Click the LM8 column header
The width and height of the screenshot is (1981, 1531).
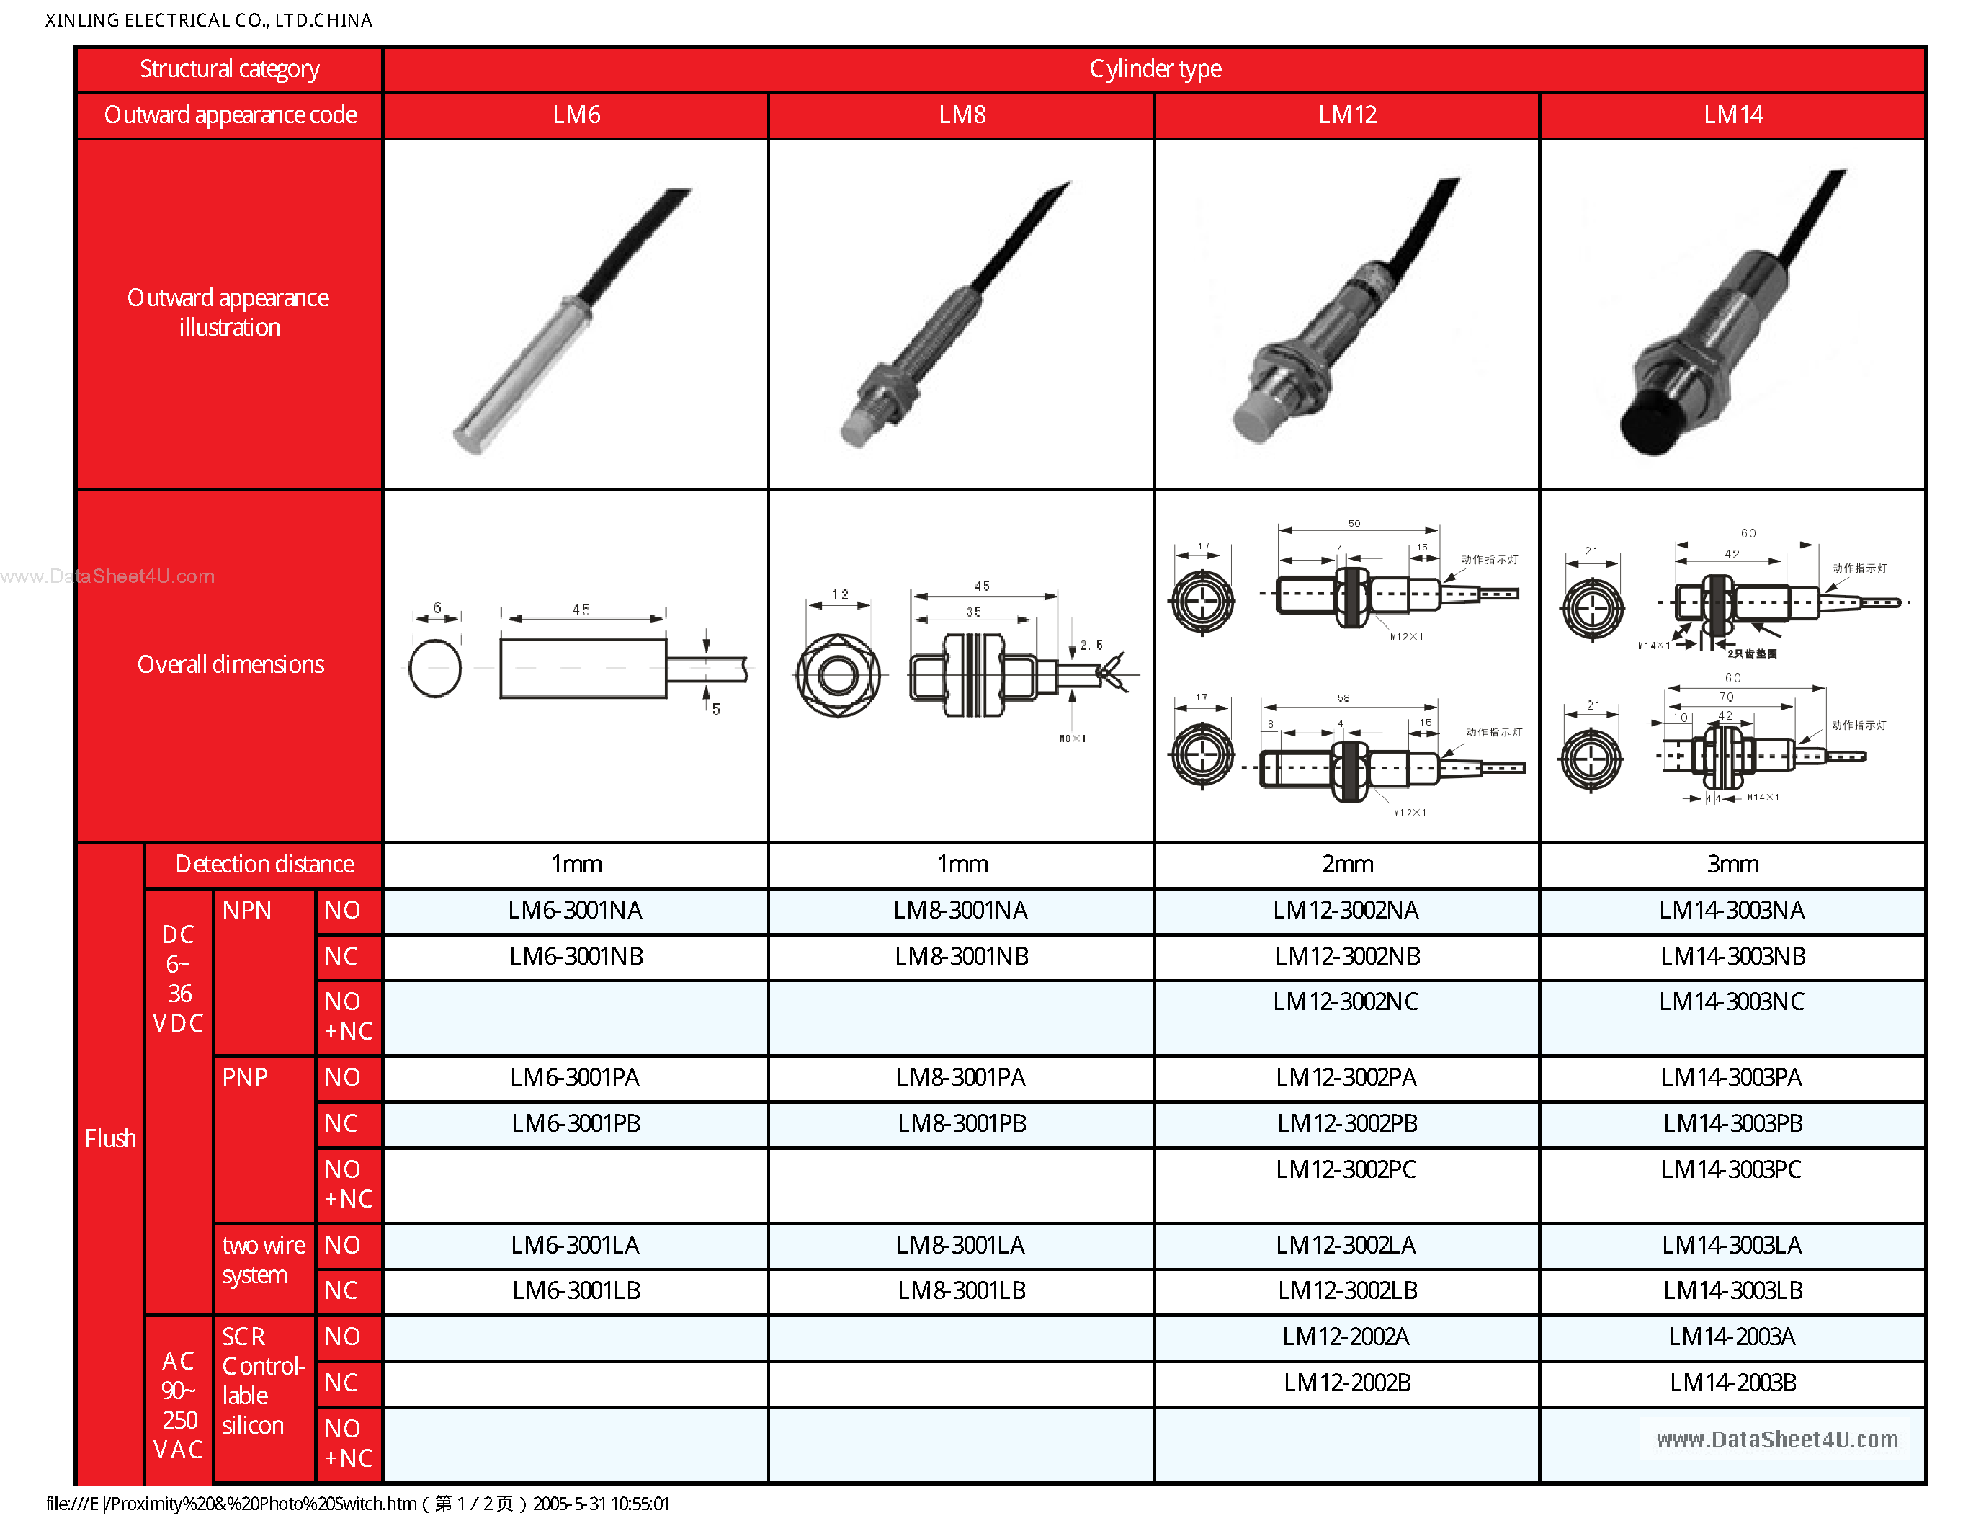pos(962,115)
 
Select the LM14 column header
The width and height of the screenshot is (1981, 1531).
pos(1732,115)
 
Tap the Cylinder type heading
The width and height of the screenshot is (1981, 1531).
pos(1155,69)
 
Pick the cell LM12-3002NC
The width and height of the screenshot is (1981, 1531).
pos(1346,1002)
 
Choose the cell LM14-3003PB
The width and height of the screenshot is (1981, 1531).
pos(1732,1124)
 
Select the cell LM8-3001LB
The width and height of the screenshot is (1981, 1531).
pos(962,1290)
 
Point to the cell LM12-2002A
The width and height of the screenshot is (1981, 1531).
pos(1346,1337)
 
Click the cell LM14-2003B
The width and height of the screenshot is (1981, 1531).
pos(1732,1383)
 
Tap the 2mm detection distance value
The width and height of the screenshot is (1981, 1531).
pos(1347,865)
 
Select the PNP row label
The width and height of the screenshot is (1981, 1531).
pos(245,1078)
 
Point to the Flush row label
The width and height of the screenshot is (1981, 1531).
pos(109,1138)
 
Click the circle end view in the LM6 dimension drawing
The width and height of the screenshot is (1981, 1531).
pos(435,669)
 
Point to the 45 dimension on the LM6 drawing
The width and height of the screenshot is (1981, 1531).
pos(581,610)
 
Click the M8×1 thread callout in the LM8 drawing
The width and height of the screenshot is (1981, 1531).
pos(1072,738)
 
